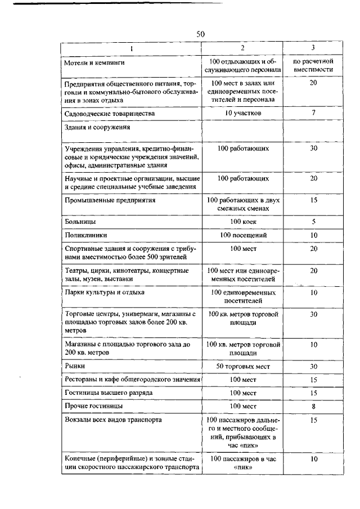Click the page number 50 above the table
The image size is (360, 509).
(x=201, y=34)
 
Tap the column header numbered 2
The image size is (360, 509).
(x=242, y=47)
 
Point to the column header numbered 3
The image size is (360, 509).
(x=313, y=47)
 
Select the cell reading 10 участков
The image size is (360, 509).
(x=243, y=113)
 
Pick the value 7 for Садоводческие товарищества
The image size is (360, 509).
(x=314, y=113)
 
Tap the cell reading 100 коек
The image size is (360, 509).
(x=243, y=222)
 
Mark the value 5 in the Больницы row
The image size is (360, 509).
(x=314, y=222)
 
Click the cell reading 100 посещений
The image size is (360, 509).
(x=243, y=235)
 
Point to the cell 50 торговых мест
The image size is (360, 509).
(x=243, y=366)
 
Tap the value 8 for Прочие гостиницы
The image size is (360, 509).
(x=314, y=406)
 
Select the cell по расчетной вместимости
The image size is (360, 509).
(x=314, y=65)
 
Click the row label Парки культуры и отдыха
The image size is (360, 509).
(x=105, y=292)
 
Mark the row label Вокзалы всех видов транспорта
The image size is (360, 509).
(x=114, y=420)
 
